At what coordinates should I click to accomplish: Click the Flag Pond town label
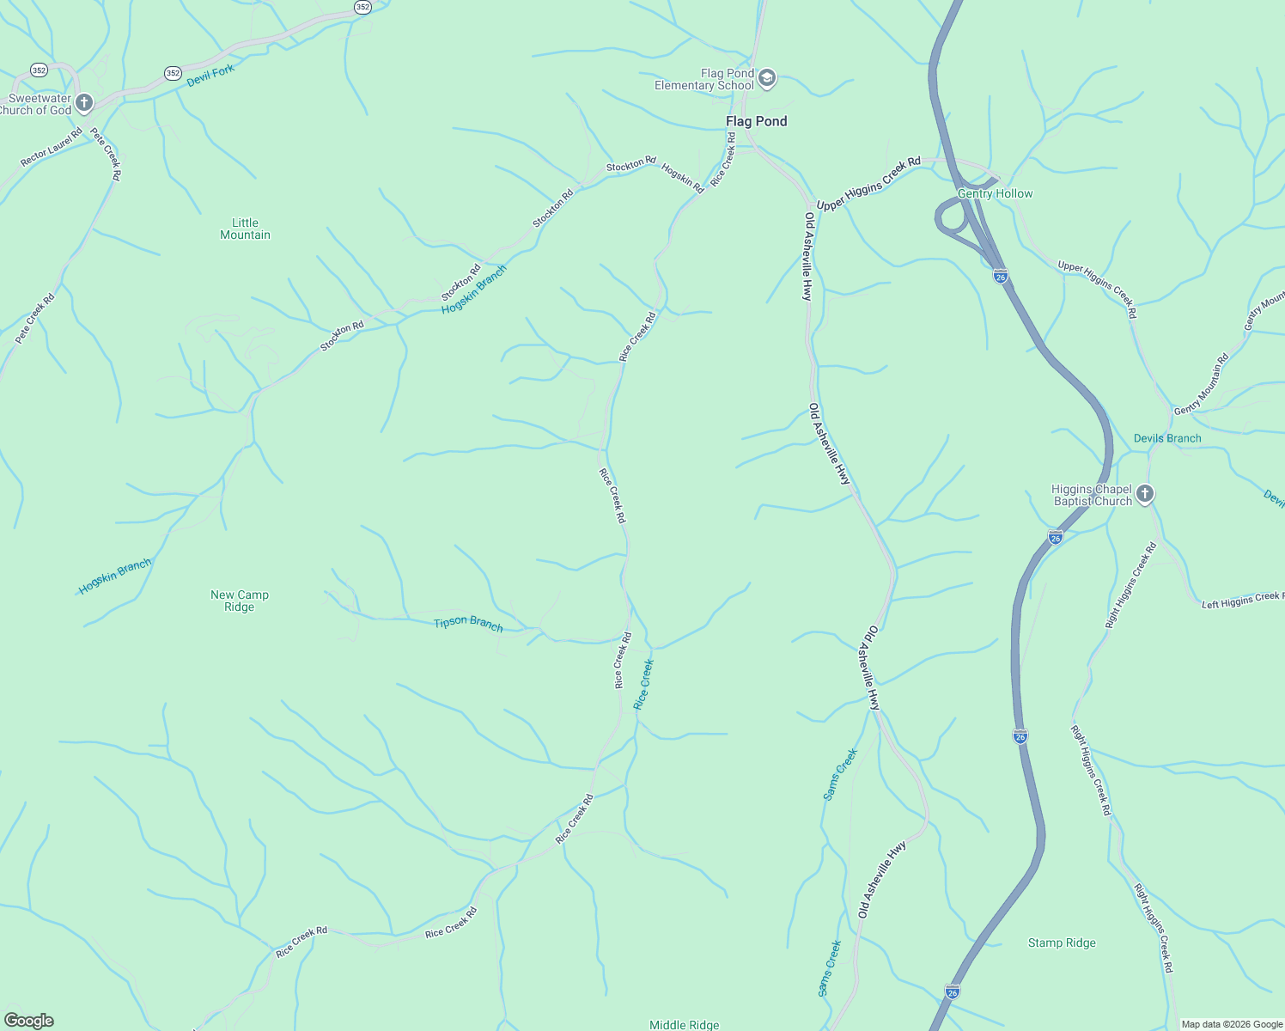(x=756, y=121)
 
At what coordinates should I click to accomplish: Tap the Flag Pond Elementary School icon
(x=767, y=79)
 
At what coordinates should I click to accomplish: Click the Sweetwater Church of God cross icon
(x=83, y=104)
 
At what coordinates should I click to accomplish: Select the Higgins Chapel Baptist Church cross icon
(x=1144, y=494)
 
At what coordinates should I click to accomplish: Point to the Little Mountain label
(x=245, y=229)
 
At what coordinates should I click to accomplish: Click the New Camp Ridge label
(x=240, y=601)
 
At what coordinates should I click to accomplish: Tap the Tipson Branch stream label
(x=468, y=623)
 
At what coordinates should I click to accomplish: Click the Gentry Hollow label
(x=995, y=194)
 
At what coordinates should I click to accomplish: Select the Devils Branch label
(x=1166, y=438)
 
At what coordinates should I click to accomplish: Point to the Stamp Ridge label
(x=1062, y=943)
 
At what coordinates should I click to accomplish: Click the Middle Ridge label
(x=684, y=1024)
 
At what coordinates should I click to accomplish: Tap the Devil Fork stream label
(x=210, y=76)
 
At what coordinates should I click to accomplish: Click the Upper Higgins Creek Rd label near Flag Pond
(x=868, y=184)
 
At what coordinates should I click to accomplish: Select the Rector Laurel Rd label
(x=51, y=147)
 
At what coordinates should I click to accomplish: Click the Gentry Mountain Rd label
(x=1201, y=384)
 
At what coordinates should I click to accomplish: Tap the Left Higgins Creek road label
(x=1242, y=600)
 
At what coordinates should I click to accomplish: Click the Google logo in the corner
(x=28, y=1021)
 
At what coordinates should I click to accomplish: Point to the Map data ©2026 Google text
(x=1230, y=1024)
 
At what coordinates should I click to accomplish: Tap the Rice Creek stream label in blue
(x=643, y=684)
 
